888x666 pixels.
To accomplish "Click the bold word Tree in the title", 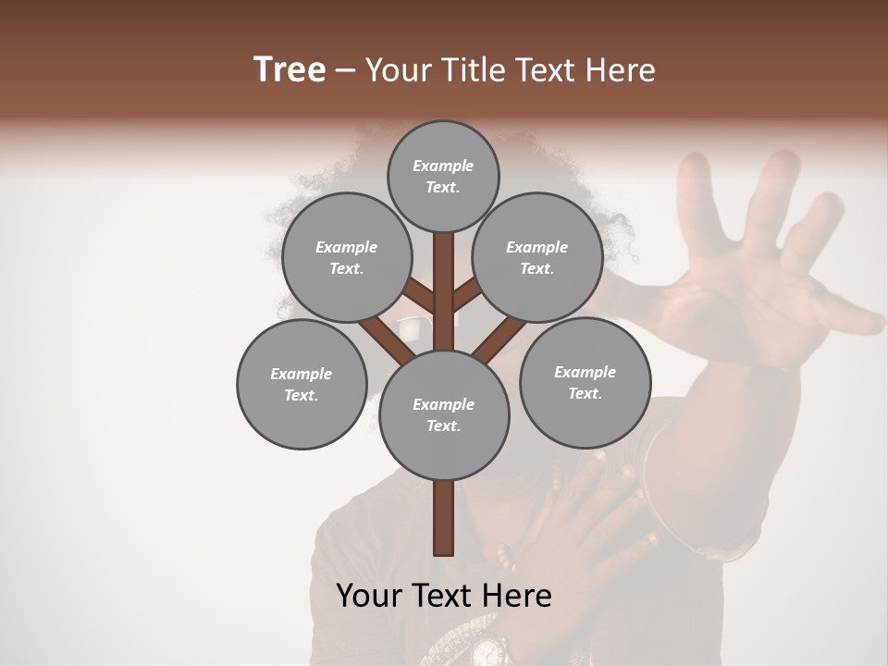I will pyautogui.click(x=290, y=69).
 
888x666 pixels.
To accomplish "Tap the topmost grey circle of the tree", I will pyautogui.click(x=443, y=176).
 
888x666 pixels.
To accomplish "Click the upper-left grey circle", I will pyautogui.click(x=346, y=257).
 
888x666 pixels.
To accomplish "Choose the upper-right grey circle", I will pyautogui.click(x=537, y=257).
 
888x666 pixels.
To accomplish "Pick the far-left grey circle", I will pyautogui.click(x=302, y=384).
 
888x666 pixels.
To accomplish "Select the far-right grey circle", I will pyautogui.click(x=585, y=381).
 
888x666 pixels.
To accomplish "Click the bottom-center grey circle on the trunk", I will pyautogui.click(x=443, y=414).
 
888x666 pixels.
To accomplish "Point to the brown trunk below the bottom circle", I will pyautogui.click(x=443, y=518).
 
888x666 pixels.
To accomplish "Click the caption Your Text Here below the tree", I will pyautogui.click(x=443, y=595).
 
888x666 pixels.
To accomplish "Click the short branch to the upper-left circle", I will pyautogui.click(x=418, y=298).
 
